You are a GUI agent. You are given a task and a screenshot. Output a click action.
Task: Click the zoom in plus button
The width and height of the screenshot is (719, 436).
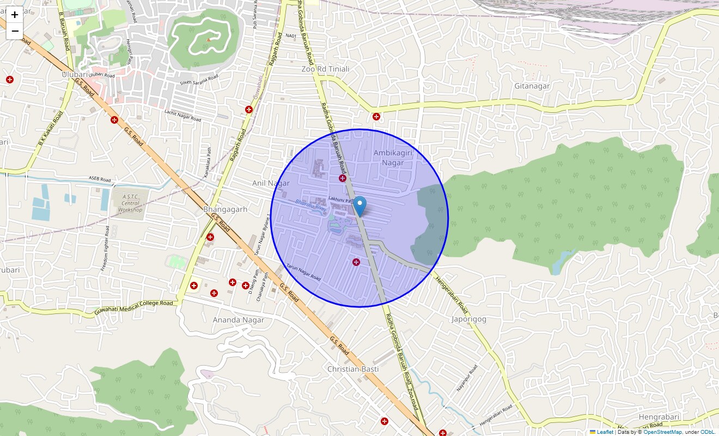pos(15,15)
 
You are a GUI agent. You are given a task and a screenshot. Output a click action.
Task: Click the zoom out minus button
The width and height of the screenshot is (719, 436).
pos(15,31)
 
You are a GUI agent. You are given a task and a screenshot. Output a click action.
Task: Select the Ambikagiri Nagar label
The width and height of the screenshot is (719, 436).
pos(393,158)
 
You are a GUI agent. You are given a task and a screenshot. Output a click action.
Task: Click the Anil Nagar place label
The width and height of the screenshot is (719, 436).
pos(271,183)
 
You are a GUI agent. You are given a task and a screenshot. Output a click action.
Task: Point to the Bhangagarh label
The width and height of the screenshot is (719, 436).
pos(225,209)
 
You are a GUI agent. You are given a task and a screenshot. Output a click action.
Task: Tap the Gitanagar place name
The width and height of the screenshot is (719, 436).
pos(532,86)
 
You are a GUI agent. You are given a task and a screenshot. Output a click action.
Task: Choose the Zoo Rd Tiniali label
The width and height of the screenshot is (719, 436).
pos(325,69)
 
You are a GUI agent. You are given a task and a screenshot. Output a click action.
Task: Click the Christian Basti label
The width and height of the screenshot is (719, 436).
pos(352,369)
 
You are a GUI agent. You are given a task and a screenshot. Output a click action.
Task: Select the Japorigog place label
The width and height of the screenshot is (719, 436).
pos(468,319)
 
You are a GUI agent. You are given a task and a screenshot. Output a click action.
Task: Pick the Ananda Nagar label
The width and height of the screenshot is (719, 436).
pos(238,320)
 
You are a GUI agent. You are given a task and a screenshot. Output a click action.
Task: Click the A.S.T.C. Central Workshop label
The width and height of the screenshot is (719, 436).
pos(130,203)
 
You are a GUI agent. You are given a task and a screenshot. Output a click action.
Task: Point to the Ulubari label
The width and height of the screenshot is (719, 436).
pos(75,74)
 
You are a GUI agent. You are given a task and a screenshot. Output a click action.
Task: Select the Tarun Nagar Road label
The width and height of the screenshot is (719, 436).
pos(303,273)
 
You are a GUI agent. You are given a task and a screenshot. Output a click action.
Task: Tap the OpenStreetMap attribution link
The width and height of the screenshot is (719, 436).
pos(662,432)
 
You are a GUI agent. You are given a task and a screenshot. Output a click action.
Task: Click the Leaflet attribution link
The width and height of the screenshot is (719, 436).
pos(605,432)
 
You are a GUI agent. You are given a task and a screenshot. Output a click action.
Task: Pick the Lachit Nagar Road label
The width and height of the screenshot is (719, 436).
pos(182,116)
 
